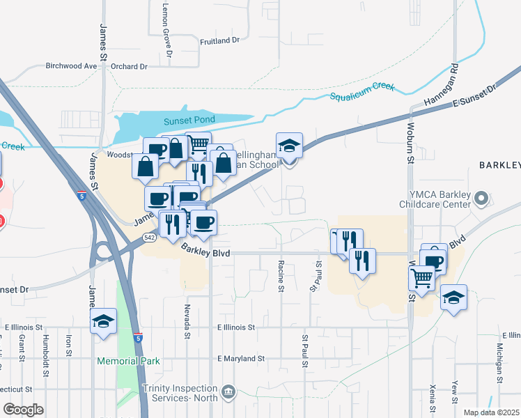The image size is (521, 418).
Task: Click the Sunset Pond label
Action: coord(186,121)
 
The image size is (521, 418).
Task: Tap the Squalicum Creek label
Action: coord(362,91)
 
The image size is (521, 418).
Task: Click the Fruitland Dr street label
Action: coord(219,41)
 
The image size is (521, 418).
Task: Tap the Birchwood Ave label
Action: coord(71,66)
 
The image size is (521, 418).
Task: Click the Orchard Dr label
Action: coord(130,67)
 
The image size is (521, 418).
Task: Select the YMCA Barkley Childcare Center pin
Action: coord(481,200)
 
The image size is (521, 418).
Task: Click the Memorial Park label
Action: coord(129,361)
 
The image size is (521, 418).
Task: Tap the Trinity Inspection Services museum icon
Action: coord(228,393)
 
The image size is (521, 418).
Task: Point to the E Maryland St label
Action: coord(241,359)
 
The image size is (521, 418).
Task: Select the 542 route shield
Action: coord(149,238)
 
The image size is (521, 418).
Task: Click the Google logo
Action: coord(24,410)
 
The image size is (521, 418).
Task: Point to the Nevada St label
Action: coord(187,320)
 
